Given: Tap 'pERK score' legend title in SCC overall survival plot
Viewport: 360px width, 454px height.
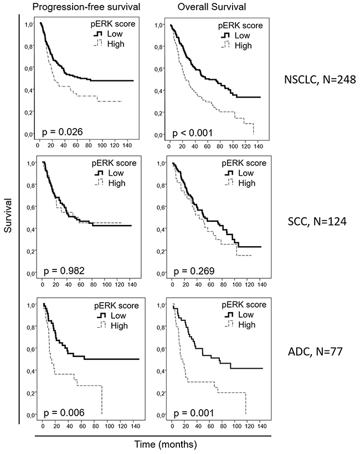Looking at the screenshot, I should point(243,164).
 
